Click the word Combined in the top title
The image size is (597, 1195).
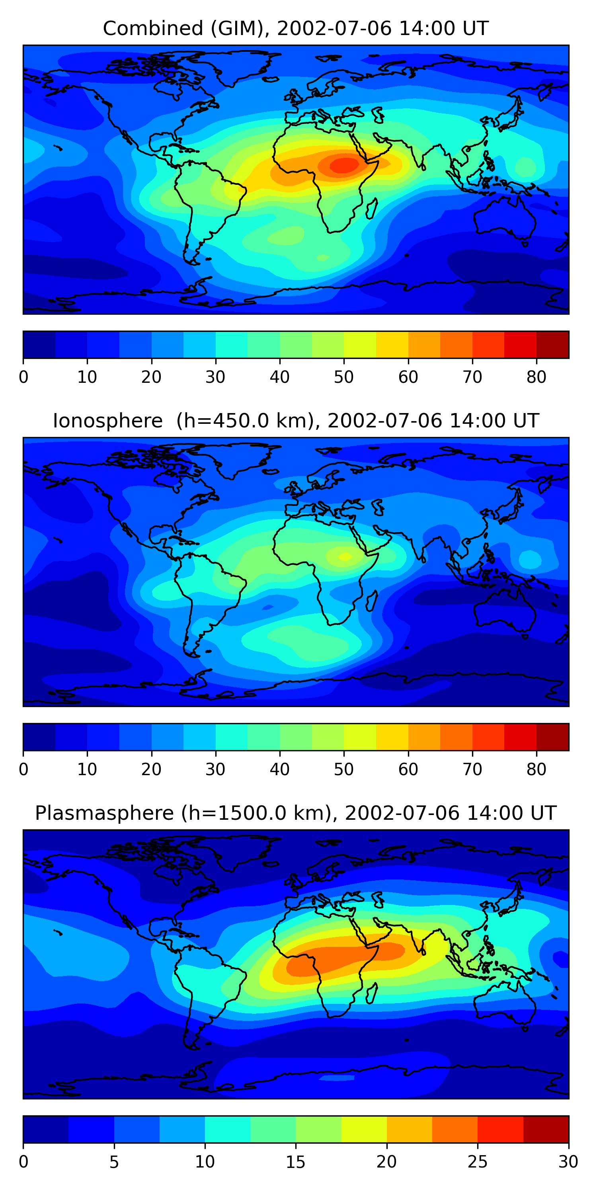click(153, 29)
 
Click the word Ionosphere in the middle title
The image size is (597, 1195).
click(107, 421)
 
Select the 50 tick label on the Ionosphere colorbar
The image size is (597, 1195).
click(343, 769)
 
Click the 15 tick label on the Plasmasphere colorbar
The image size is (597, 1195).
click(295, 1162)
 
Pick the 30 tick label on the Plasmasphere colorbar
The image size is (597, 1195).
click(568, 1162)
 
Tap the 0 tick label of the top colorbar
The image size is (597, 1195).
click(23, 377)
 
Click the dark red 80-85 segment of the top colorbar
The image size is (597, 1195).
click(552, 345)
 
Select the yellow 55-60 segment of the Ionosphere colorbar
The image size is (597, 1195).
click(392, 737)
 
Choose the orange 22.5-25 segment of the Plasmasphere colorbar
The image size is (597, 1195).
click(455, 1129)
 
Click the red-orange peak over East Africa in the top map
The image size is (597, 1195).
click(344, 165)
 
